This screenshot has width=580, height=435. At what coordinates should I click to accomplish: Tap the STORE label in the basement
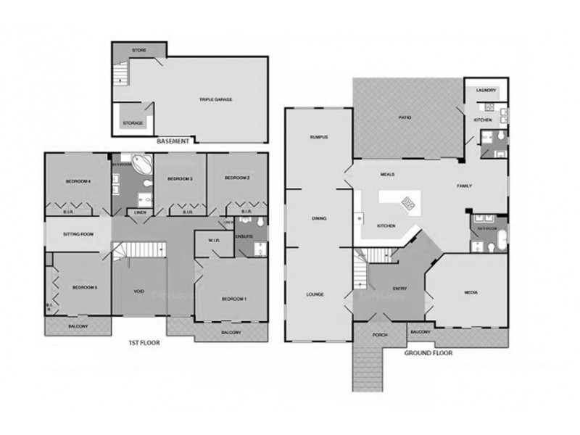[139, 50]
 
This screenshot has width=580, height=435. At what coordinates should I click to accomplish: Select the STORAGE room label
[133, 123]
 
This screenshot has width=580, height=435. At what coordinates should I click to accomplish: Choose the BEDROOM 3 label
[179, 178]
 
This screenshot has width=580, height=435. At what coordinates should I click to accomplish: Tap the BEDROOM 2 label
[237, 178]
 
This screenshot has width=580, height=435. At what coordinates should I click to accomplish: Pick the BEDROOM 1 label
[233, 299]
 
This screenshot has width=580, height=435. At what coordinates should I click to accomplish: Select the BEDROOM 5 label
[85, 287]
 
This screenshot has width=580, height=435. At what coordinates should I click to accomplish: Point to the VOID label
[139, 291]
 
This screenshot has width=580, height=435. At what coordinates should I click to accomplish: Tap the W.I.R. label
[214, 241]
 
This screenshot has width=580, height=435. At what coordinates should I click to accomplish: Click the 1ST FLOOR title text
[144, 343]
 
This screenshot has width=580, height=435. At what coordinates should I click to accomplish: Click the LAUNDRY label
[486, 90]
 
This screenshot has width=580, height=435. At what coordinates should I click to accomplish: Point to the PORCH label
[378, 335]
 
